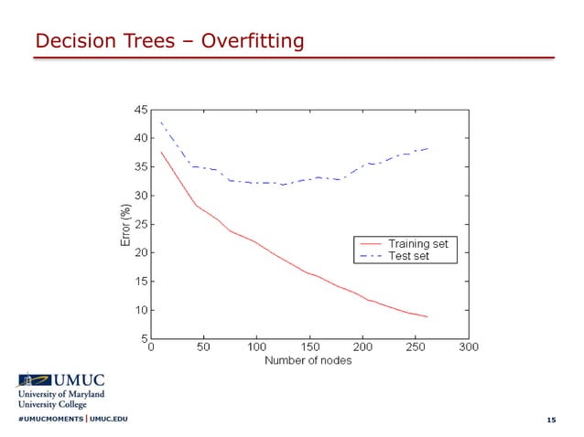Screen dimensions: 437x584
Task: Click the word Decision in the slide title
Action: tap(70, 41)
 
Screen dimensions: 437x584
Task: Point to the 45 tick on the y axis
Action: tap(141, 110)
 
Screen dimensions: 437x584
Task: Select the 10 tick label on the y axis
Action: tap(141, 311)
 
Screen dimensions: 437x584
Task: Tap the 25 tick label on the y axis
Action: tap(141, 224)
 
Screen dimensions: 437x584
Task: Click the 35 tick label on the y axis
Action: tap(141, 167)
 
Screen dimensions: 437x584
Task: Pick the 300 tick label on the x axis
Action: tap(469, 348)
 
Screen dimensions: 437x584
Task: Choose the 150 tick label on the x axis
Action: tap(310, 348)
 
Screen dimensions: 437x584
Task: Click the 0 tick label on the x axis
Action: tap(152, 348)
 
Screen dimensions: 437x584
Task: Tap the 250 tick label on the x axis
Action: tap(416, 348)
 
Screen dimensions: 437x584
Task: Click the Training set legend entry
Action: tap(417, 244)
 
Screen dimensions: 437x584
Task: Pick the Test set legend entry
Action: tap(408, 256)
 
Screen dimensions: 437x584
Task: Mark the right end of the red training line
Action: tap(427, 317)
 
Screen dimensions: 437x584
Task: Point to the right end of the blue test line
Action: tap(427, 148)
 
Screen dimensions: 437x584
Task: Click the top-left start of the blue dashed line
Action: tap(161, 123)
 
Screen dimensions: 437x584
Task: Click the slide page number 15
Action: tap(550, 420)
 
